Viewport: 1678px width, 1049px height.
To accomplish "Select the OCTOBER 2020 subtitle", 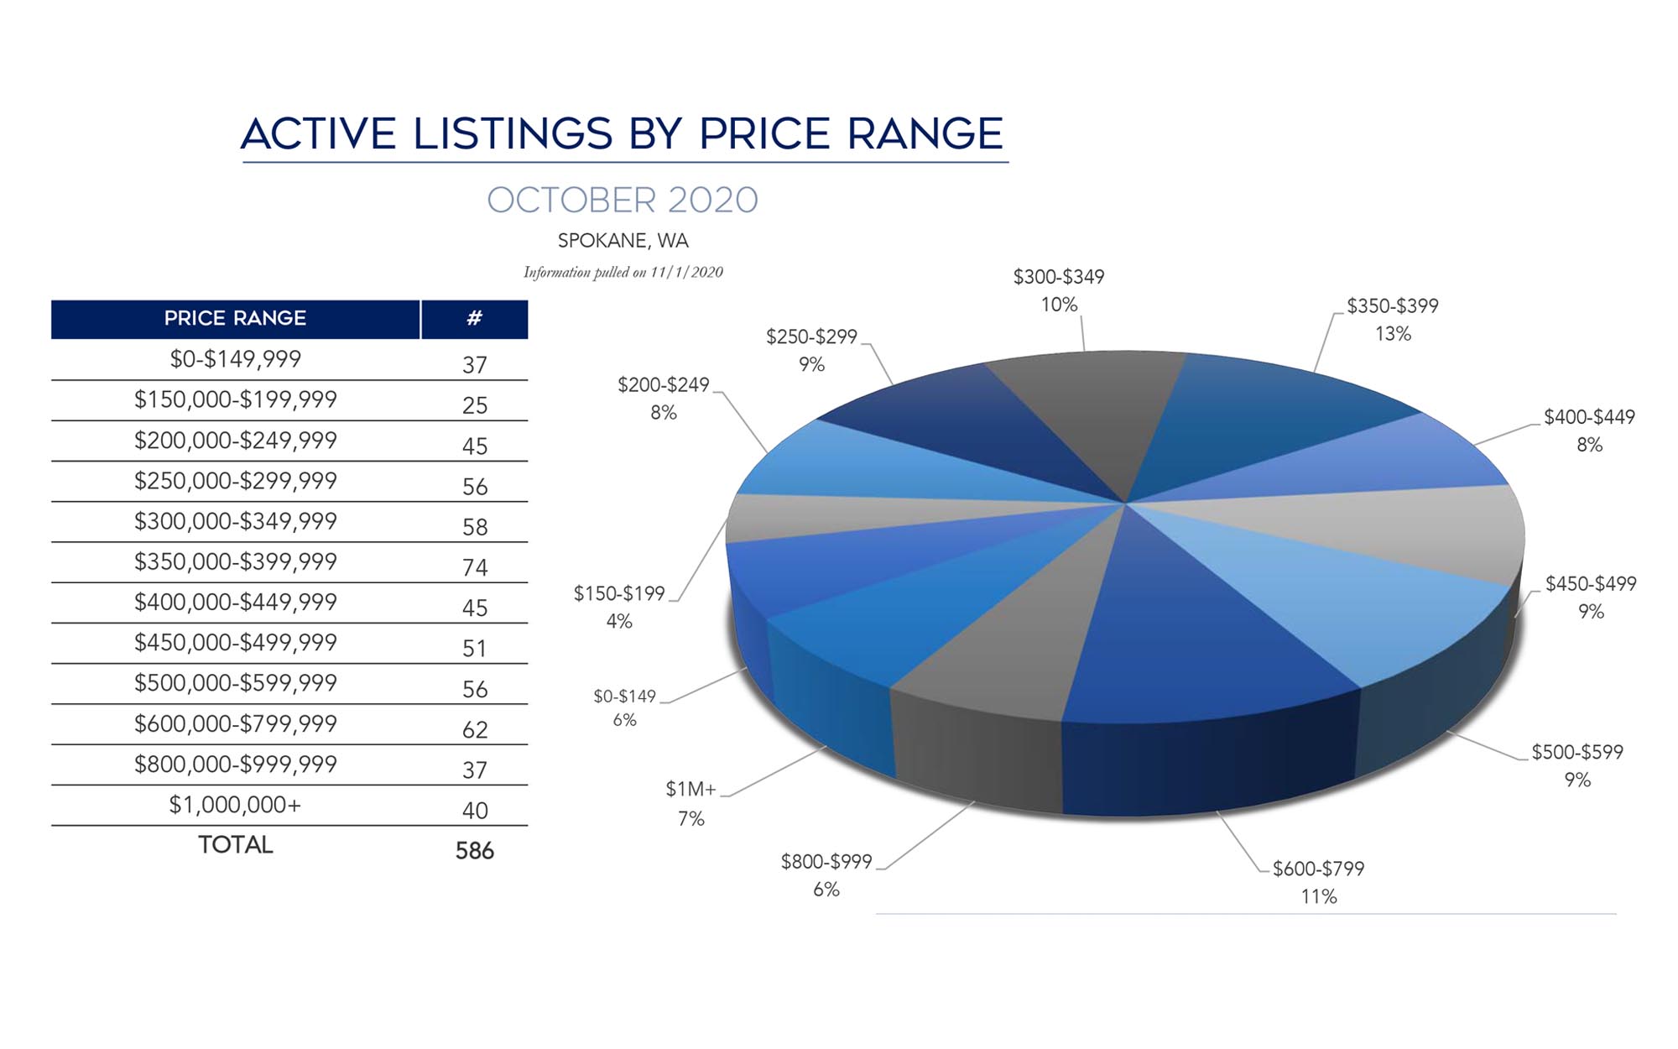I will coord(623,201).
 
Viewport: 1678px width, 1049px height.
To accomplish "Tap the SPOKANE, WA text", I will coord(623,241).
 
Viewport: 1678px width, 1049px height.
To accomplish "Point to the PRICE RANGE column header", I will coord(235,319).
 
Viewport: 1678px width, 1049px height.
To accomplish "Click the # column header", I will coord(474,319).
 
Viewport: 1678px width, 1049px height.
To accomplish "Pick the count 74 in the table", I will coord(475,568).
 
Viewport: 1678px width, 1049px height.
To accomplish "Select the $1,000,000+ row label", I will coord(235,805).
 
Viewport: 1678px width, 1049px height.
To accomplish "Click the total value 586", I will coord(474,851).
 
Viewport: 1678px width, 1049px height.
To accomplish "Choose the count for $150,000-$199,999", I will coord(475,406).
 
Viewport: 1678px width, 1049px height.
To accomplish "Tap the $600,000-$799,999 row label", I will coord(235,723).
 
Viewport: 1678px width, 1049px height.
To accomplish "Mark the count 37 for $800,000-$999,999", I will coord(475,770).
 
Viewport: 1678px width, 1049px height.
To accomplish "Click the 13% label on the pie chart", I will coord(1393,334).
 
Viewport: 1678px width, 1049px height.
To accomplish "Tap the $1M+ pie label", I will coord(690,789).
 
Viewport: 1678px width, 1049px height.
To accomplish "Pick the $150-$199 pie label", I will coord(619,593).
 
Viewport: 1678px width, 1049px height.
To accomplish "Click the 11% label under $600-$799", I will coord(1318,897).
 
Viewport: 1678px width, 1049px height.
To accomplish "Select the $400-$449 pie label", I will coord(1589,417).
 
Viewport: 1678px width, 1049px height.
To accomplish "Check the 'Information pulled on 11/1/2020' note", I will coord(623,273).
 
